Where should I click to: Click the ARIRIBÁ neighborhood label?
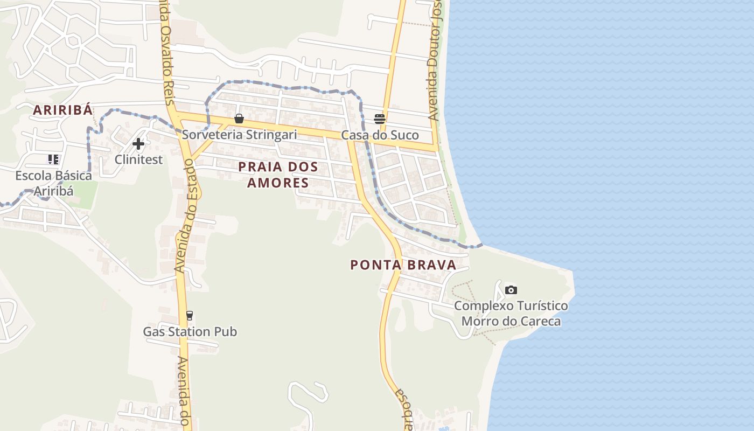click(x=62, y=110)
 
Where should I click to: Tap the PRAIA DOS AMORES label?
click(x=278, y=174)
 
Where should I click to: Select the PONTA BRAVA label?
click(x=403, y=265)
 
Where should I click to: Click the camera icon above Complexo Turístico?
click(x=511, y=290)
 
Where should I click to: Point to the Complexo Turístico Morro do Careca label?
click(x=511, y=314)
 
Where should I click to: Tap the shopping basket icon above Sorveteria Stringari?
click(x=239, y=119)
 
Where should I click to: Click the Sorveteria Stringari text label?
click(x=239, y=135)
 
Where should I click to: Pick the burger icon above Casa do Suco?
click(x=380, y=119)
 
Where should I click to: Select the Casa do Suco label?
click(x=380, y=135)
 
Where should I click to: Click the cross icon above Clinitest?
click(x=138, y=144)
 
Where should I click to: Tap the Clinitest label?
click(x=138, y=159)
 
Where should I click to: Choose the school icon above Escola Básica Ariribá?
click(x=53, y=159)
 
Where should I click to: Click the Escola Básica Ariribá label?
click(x=53, y=183)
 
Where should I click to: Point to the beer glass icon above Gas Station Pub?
click(x=189, y=316)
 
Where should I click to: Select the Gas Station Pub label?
click(x=190, y=332)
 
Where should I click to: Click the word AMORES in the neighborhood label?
click(x=278, y=183)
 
